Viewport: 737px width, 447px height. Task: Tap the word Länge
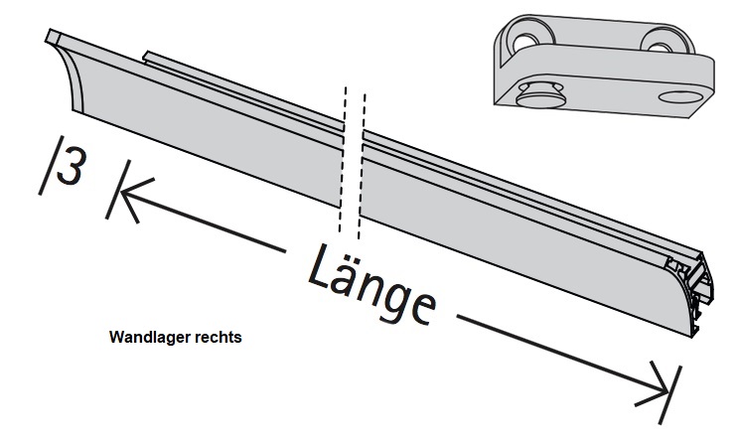[369, 284]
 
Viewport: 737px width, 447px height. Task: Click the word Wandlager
[142, 337]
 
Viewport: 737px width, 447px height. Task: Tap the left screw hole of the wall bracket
[523, 41]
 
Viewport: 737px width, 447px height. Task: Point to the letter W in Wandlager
[115, 337]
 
